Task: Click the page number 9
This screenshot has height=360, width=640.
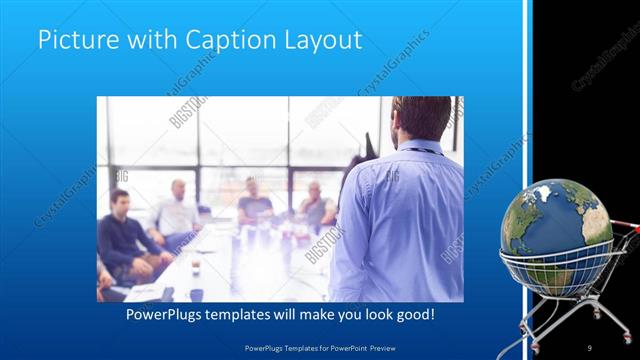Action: [x=590, y=347]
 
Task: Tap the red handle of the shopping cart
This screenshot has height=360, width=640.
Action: [x=629, y=229]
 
